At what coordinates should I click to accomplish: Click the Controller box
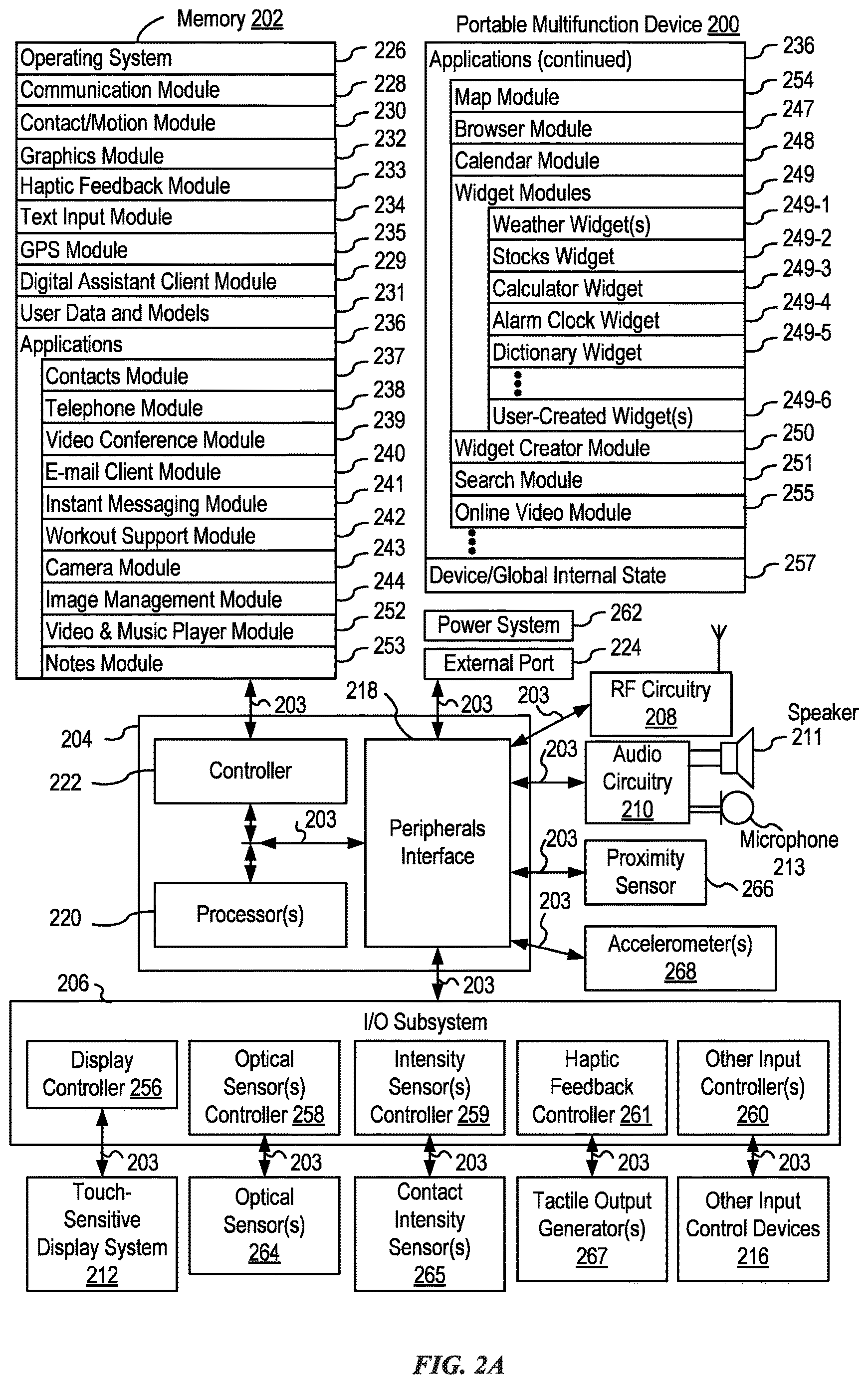point(250,771)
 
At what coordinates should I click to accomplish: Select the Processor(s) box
point(250,914)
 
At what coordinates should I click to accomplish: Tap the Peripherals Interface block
point(437,842)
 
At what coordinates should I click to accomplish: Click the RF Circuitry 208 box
point(661,704)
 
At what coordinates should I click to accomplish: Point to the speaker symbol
point(738,758)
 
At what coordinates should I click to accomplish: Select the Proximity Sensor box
point(645,872)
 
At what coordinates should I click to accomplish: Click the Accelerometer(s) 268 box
point(680,958)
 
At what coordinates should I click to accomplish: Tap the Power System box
point(498,625)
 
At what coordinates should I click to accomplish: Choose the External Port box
point(498,663)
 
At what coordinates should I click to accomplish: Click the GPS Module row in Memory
point(176,249)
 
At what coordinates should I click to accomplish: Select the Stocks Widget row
point(617,256)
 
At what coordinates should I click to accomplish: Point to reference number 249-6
point(807,400)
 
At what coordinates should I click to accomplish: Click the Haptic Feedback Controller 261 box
point(592,1087)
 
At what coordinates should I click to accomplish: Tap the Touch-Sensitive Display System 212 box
point(102,1234)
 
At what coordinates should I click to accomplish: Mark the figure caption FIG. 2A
point(458,1365)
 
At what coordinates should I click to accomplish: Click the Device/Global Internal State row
point(585,575)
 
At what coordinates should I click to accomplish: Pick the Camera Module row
point(189,567)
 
